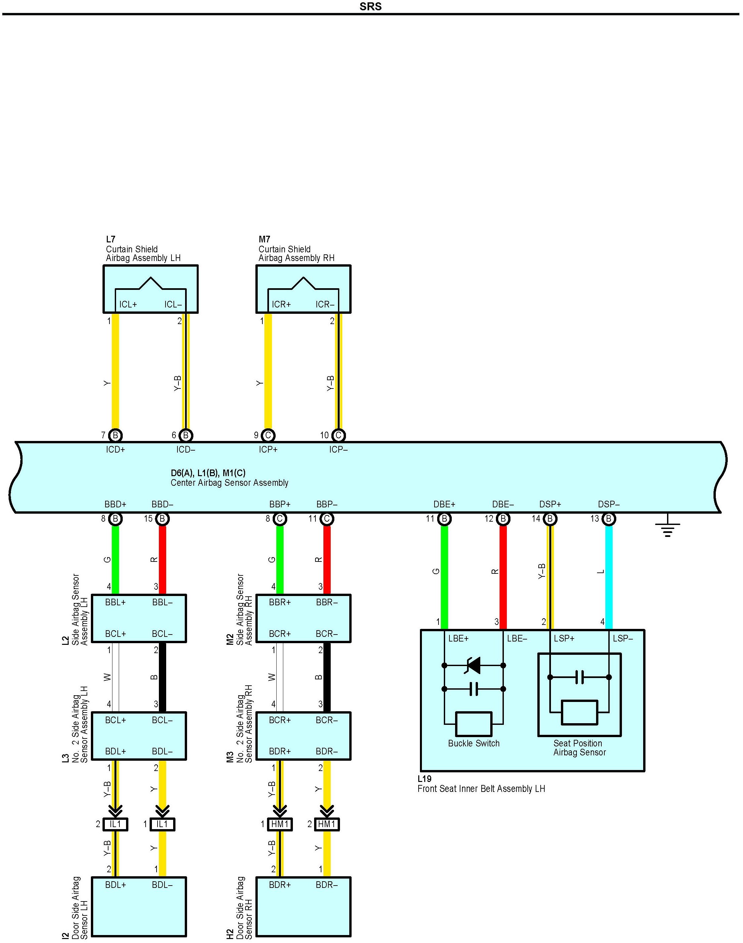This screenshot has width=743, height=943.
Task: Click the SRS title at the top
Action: click(x=371, y=7)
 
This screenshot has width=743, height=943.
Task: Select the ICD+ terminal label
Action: click(x=115, y=450)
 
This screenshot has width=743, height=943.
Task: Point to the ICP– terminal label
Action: click(x=338, y=450)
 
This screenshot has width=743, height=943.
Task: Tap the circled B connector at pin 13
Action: click(x=609, y=519)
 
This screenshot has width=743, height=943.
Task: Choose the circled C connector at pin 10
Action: click(x=338, y=435)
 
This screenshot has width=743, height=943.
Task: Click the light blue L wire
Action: click(x=609, y=575)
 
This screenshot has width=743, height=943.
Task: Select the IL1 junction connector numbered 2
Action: click(x=115, y=824)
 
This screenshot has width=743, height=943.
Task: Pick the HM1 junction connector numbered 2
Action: click(x=327, y=824)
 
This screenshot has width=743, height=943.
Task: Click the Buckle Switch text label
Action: click(x=474, y=743)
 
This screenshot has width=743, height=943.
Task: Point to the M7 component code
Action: click(x=264, y=239)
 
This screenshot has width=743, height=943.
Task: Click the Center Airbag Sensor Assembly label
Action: click(x=229, y=483)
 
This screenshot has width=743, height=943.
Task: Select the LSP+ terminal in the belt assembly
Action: click(x=564, y=639)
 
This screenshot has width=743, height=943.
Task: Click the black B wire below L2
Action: click(x=162, y=677)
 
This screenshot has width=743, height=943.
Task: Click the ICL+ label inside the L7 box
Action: click(x=128, y=305)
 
